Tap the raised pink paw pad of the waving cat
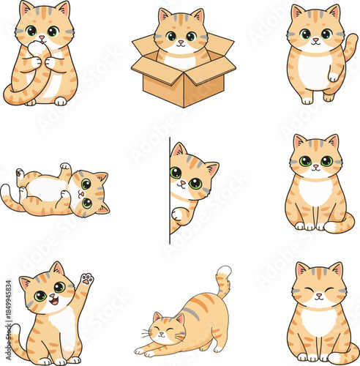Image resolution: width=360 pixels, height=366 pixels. point(87,279)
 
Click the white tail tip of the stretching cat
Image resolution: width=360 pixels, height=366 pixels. point(224,272)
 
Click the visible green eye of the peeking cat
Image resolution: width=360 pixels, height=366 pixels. point(176,173)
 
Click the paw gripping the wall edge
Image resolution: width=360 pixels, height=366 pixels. point(176,214)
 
